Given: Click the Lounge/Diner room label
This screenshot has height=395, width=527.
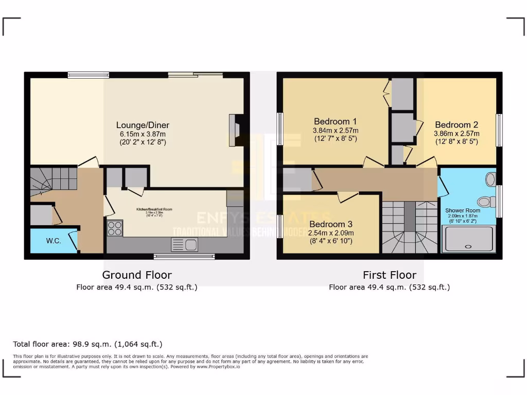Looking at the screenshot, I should click(143, 125).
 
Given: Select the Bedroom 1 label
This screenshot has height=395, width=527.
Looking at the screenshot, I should click(332, 121).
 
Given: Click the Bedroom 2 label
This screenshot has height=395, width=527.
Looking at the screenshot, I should click(456, 124).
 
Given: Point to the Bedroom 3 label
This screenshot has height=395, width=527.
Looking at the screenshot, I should click(331, 224).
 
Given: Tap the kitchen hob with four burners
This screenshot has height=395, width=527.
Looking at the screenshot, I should click(115, 228).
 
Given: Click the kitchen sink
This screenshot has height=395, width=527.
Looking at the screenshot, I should click(185, 245).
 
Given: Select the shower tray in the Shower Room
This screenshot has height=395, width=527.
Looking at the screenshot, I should click(468, 239).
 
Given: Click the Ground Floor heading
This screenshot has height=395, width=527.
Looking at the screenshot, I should click(137, 275).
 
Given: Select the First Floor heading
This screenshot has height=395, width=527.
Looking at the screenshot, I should click(389, 275).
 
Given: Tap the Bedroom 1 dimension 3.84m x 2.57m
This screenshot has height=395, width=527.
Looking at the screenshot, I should click(336, 130).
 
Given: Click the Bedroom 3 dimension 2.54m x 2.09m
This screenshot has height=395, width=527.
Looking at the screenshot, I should click(331, 232).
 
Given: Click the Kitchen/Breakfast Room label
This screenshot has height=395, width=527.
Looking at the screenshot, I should click(154, 209).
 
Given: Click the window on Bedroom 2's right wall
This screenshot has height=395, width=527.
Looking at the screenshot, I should click(499, 129).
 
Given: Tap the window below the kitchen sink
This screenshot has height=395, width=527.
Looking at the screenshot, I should click(184, 256).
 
